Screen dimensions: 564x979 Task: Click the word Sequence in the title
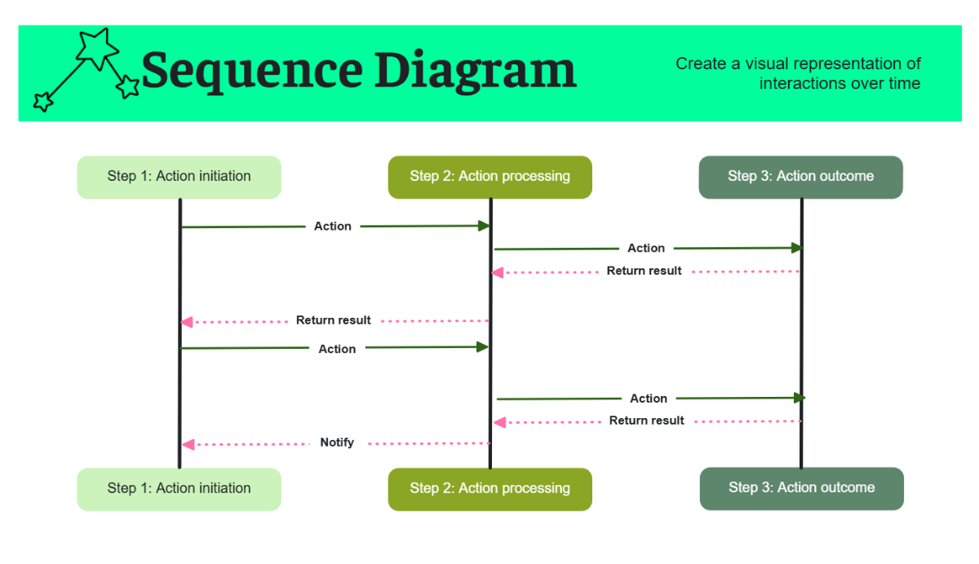(x=252, y=72)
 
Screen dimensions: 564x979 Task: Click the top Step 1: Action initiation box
(x=179, y=177)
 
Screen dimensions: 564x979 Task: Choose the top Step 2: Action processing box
(x=489, y=177)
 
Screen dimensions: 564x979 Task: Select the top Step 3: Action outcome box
(x=800, y=177)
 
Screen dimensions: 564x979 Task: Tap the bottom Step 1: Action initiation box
(x=179, y=489)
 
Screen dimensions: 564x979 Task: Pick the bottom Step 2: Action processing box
(x=489, y=489)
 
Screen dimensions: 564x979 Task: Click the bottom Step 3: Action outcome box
(x=801, y=488)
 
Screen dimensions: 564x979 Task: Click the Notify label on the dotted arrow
(x=337, y=443)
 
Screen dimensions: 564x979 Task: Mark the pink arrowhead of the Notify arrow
(x=188, y=444)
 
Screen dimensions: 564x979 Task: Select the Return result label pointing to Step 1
(x=333, y=320)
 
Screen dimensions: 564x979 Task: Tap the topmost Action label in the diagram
(x=333, y=227)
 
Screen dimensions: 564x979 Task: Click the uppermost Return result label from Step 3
(x=644, y=271)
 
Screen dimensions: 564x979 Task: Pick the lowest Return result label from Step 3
(x=646, y=421)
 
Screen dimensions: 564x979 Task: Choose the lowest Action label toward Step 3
(x=649, y=399)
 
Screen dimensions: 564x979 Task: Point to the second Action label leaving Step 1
(x=337, y=349)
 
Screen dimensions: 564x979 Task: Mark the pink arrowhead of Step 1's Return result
(x=187, y=322)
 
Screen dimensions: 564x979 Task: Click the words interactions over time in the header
(x=839, y=84)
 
